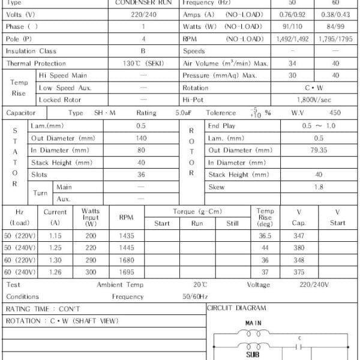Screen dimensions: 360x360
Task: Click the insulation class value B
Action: coord(143,51)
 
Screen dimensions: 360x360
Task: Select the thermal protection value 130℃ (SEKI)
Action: coord(143,64)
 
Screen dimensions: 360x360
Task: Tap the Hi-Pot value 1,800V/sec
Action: coord(314,100)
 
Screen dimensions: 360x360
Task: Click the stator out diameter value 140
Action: coord(141,138)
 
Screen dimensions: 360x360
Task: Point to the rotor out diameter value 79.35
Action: coord(319,150)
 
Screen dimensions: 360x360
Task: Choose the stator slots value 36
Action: coord(141,175)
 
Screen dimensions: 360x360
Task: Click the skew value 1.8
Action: coord(319,187)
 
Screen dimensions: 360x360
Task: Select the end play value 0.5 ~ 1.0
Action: coord(319,126)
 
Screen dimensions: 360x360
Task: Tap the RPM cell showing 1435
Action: coord(126,236)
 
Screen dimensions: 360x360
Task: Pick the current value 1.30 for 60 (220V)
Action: coord(55,260)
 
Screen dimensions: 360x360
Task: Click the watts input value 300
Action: coord(91,272)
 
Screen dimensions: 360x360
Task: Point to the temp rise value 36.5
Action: coord(265,236)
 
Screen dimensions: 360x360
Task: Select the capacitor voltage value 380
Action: coord(299,248)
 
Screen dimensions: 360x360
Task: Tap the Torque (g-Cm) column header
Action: coord(197,212)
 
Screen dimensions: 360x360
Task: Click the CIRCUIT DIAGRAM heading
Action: coord(236,308)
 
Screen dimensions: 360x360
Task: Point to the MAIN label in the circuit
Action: coord(253,323)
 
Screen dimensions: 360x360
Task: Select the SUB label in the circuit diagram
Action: coord(253,355)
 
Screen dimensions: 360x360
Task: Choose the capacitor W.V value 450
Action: coord(335,113)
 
